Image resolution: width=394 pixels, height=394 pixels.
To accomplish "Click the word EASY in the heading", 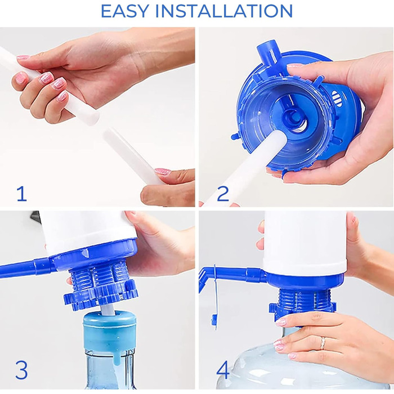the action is pos(125,11).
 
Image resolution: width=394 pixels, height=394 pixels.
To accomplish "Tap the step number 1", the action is pos(21,194).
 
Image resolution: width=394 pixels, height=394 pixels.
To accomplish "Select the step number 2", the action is pos(223,194).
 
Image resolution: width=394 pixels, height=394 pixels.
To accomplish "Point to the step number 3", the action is pos(21,370).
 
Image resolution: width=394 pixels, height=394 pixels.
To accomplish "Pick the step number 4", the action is pos(223,370).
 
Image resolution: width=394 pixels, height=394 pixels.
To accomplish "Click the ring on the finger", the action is pos(323,343).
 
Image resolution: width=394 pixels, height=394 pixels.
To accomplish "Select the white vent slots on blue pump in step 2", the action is pos(337,98).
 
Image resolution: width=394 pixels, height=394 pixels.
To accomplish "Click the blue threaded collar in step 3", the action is pos(101,286).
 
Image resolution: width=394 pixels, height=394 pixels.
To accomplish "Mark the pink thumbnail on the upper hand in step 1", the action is pos(23,57).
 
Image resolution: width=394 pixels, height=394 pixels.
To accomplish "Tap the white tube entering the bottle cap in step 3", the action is pos(108,310).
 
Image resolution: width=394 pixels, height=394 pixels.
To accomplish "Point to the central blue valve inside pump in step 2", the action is pos(293,118).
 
